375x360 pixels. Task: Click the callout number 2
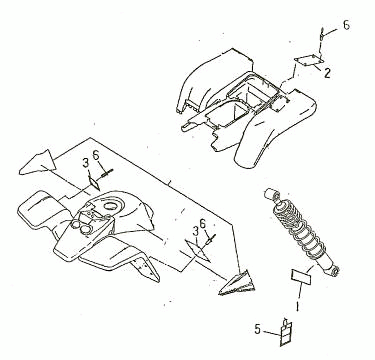327,73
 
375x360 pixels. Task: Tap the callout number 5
257,329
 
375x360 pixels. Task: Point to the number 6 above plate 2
346,25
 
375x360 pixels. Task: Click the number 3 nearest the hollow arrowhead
86,163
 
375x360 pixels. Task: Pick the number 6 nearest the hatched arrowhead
203,223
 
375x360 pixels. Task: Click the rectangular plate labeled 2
309,61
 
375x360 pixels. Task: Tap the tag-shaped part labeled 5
286,332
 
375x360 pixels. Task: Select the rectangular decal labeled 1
301,277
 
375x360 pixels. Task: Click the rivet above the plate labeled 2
322,34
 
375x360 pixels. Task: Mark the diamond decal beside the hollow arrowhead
94,183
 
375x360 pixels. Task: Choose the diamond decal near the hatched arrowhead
198,251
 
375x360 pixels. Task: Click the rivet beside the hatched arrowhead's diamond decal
212,238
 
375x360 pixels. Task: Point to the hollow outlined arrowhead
37,162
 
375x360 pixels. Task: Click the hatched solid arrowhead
237,283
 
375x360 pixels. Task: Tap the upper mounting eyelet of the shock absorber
269,193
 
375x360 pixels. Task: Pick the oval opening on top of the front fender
111,206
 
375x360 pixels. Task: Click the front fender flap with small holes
146,269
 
